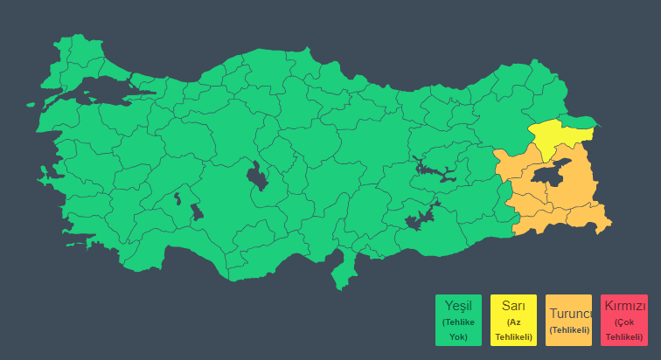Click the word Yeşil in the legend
(458, 306)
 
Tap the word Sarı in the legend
(513, 306)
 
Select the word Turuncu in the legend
(569, 313)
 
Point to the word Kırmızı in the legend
(624, 307)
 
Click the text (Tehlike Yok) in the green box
(458, 329)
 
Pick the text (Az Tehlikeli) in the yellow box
(513, 329)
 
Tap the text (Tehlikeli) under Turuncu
(569, 329)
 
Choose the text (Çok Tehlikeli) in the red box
(624, 329)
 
